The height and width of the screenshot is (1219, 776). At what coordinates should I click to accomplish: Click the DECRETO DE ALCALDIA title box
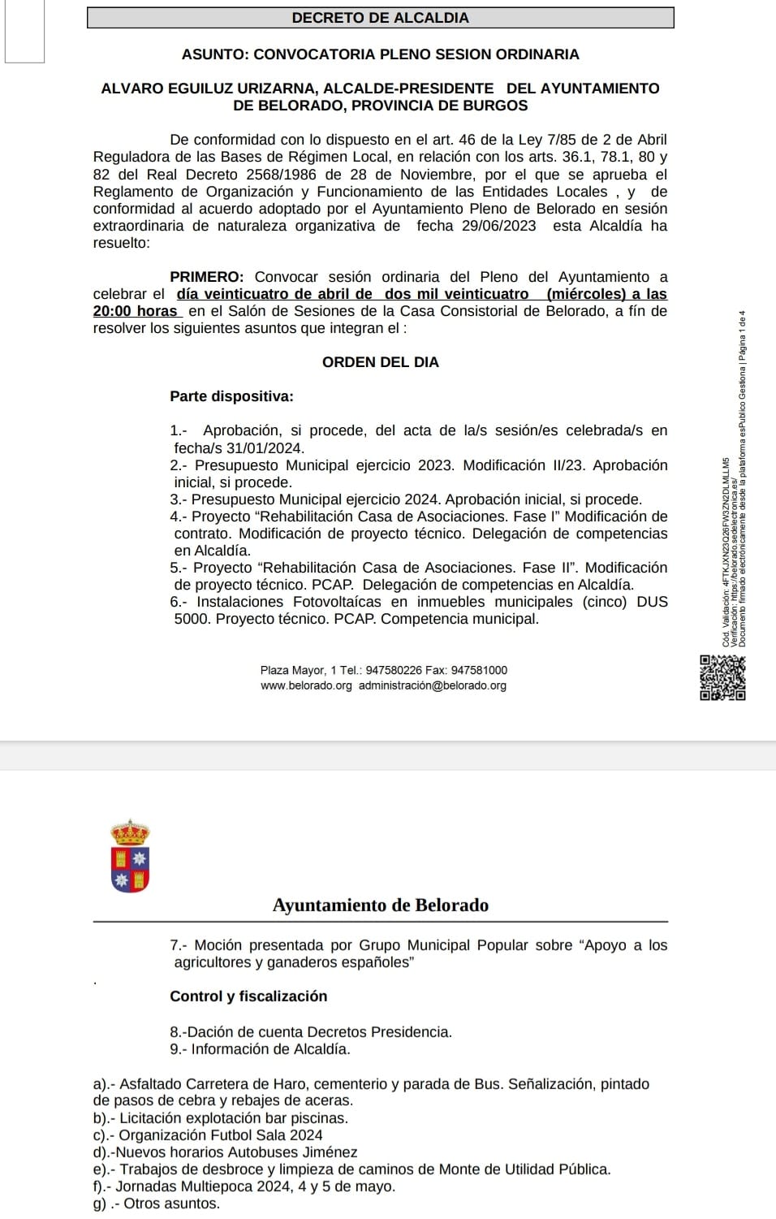(380, 18)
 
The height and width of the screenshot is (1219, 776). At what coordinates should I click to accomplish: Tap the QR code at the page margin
(722, 677)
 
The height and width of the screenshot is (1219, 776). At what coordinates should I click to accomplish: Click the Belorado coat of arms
(130, 857)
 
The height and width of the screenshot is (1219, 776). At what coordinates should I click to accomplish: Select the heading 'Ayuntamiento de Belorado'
(381, 906)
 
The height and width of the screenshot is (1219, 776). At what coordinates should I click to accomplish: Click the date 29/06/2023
(498, 226)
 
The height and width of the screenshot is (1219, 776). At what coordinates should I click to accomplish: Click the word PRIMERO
(207, 277)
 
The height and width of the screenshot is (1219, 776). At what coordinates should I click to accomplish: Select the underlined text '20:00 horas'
(136, 311)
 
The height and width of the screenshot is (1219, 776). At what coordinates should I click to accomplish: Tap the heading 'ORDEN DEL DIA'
(380, 362)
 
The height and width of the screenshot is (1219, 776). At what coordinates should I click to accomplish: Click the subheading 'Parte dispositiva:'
(231, 396)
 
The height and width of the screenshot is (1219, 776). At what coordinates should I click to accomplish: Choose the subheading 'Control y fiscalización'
(248, 996)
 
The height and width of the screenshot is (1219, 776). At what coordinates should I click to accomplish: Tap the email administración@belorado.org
(432, 685)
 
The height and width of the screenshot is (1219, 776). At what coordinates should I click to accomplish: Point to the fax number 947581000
(479, 670)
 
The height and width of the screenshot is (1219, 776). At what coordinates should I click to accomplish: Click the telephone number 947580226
(394, 670)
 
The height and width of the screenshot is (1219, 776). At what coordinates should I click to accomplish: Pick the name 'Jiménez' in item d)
(328, 1152)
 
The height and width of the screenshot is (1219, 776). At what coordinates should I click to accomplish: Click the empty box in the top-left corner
(24, 31)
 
